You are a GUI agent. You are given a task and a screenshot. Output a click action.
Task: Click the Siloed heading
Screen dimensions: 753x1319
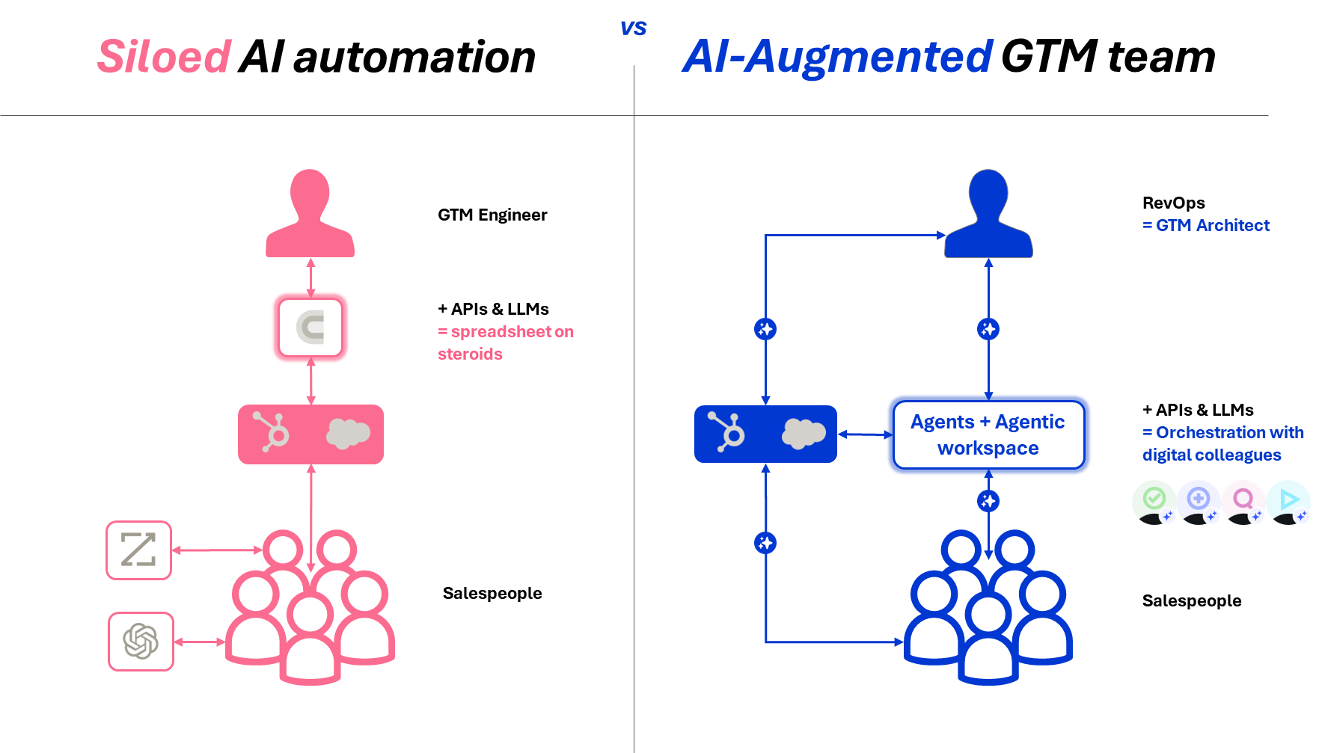point(164,57)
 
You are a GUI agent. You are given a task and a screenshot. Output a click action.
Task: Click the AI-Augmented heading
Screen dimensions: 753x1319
point(837,57)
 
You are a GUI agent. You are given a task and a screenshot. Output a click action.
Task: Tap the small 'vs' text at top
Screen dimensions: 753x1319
point(633,28)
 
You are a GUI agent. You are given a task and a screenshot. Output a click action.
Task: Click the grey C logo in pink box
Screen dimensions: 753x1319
point(310,328)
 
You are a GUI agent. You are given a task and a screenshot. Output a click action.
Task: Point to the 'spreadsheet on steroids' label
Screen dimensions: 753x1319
point(505,342)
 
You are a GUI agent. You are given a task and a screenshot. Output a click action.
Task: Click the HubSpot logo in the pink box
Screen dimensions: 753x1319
point(272,432)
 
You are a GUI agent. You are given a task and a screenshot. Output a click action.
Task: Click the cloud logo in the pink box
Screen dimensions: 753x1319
point(347,434)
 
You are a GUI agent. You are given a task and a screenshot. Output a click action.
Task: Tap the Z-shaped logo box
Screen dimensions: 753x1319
point(139,550)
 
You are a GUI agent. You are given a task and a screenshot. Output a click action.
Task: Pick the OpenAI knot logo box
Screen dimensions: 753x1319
point(141,641)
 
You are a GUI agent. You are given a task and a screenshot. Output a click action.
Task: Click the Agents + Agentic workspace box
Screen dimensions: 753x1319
point(988,434)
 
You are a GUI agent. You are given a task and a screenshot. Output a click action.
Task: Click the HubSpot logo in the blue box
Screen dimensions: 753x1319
point(726,432)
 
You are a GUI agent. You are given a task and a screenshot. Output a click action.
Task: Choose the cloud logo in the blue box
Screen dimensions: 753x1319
point(803,434)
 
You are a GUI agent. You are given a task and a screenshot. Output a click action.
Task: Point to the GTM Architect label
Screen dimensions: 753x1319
point(1205,225)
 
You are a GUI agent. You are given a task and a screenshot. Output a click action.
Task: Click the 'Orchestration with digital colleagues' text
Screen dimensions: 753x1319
point(1222,443)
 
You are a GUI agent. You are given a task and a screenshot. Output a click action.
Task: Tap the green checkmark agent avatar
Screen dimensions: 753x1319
point(1154,501)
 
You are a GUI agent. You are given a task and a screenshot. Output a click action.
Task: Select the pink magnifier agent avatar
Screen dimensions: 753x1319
point(1243,501)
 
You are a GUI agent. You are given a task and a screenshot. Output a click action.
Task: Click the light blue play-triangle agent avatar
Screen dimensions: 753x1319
point(1288,501)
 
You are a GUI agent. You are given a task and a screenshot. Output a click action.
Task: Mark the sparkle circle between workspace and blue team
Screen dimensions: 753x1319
point(988,501)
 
